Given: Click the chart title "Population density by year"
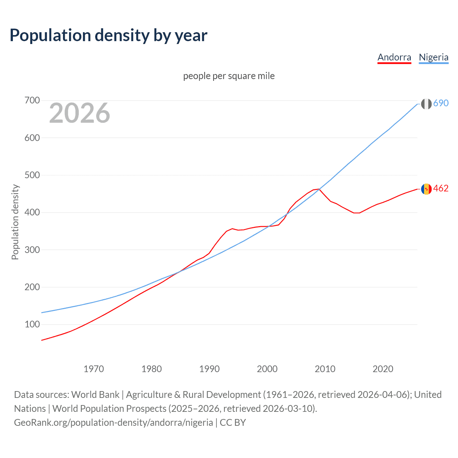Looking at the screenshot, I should pyautogui.click(x=108, y=35).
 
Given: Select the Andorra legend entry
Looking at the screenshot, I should pyautogui.click(x=394, y=57).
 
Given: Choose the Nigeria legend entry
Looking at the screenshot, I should pyautogui.click(x=433, y=57).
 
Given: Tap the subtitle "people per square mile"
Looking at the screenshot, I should pyautogui.click(x=229, y=76).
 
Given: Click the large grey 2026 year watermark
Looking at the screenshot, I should pyautogui.click(x=79, y=113).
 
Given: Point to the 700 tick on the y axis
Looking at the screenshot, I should pyautogui.click(x=32, y=100).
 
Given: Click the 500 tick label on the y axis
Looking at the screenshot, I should pyautogui.click(x=32, y=175).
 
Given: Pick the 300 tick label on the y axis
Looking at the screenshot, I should pyautogui.click(x=32, y=250).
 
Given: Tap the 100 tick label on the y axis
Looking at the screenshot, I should pyautogui.click(x=32, y=325).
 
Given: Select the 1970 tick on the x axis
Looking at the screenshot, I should pyautogui.click(x=94, y=369).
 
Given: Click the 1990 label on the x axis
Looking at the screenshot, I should pyautogui.click(x=209, y=369).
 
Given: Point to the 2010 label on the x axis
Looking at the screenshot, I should pyautogui.click(x=325, y=369).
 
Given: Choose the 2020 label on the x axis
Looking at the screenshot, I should pyautogui.click(x=383, y=369).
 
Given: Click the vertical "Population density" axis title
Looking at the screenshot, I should pyautogui.click(x=15, y=222).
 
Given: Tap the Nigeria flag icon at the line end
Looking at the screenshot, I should pyautogui.click(x=426, y=104).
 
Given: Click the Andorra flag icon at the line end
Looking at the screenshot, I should pyautogui.click(x=426, y=189).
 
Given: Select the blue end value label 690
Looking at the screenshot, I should pyautogui.click(x=441, y=103).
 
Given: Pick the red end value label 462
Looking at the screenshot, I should pyautogui.click(x=441, y=188).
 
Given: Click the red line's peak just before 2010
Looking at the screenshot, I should pyautogui.click(x=318, y=189).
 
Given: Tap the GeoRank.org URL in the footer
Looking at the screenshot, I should pyautogui.click(x=113, y=423).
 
